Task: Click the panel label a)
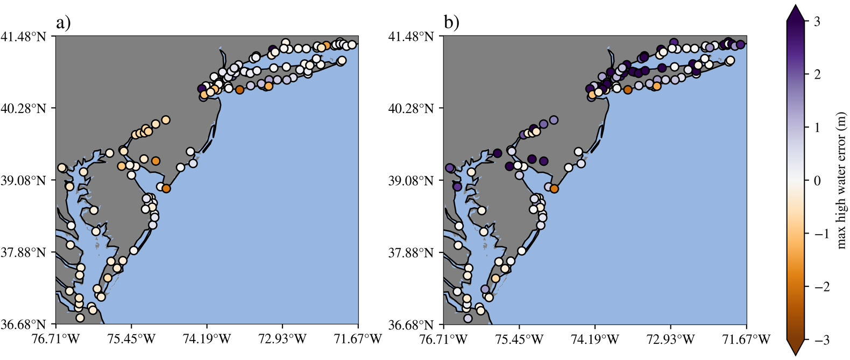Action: pyautogui.click(x=63, y=23)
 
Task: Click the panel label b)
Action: pyautogui.click(x=451, y=23)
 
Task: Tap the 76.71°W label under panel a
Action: pyautogui.click(x=56, y=338)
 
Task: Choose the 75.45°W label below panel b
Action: pyautogui.click(x=520, y=338)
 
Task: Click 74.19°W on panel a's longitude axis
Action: pyautogui.click(x=207, y=338)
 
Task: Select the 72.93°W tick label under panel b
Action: pyautogui.click(x=670, y=338)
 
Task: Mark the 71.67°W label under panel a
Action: pyautogui.click(x=358, y=338)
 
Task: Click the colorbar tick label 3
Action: pyautogui.click(x=817, y=22)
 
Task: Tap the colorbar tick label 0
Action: pyautogui.click(x=817, y=180)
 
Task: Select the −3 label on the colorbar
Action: pyautogui.click(x=813, y=340)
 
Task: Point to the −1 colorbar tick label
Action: pyautogui.click(x=813, y=234)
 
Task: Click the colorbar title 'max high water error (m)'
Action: pyautogui.click(x=841, y=180)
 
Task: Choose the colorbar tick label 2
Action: pyautogui.click(x=817, y=74)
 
